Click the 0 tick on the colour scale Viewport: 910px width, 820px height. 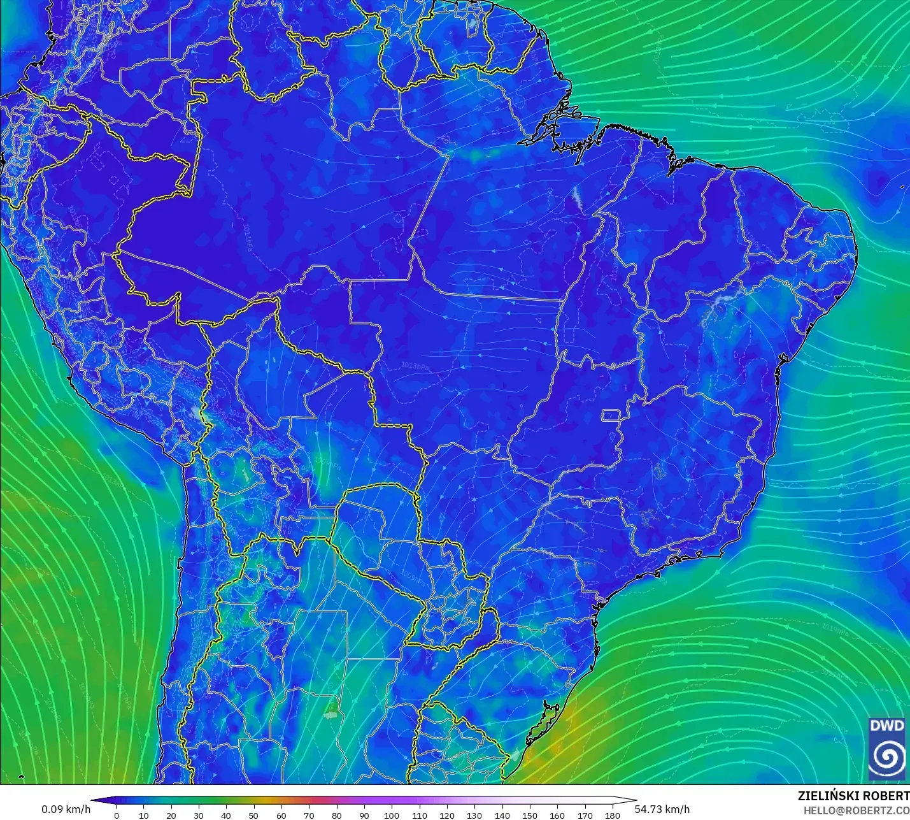(x=116, y=815)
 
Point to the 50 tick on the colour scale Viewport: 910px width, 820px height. (x=253, y=815)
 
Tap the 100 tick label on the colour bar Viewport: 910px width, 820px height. (x=392, y=815)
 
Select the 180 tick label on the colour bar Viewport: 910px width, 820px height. (x=612, y=815)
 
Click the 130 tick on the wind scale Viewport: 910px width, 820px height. (x=474, y=815)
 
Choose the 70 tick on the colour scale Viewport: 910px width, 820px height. (x=309, y=815)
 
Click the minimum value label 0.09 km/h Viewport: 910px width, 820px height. (x=66, y=809)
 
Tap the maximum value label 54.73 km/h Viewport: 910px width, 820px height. (x=662, y=809)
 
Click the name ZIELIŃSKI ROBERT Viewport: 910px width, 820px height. (x=853, y=796)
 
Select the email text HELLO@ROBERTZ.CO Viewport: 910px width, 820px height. (x=856, y=810)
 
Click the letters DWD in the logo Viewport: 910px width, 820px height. (x=886, y=726)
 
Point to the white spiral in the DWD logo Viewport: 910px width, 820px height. (x=887, y=757)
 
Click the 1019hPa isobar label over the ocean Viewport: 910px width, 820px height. (x=835, y=630)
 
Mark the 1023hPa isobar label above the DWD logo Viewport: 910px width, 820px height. (x=835, y=724)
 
